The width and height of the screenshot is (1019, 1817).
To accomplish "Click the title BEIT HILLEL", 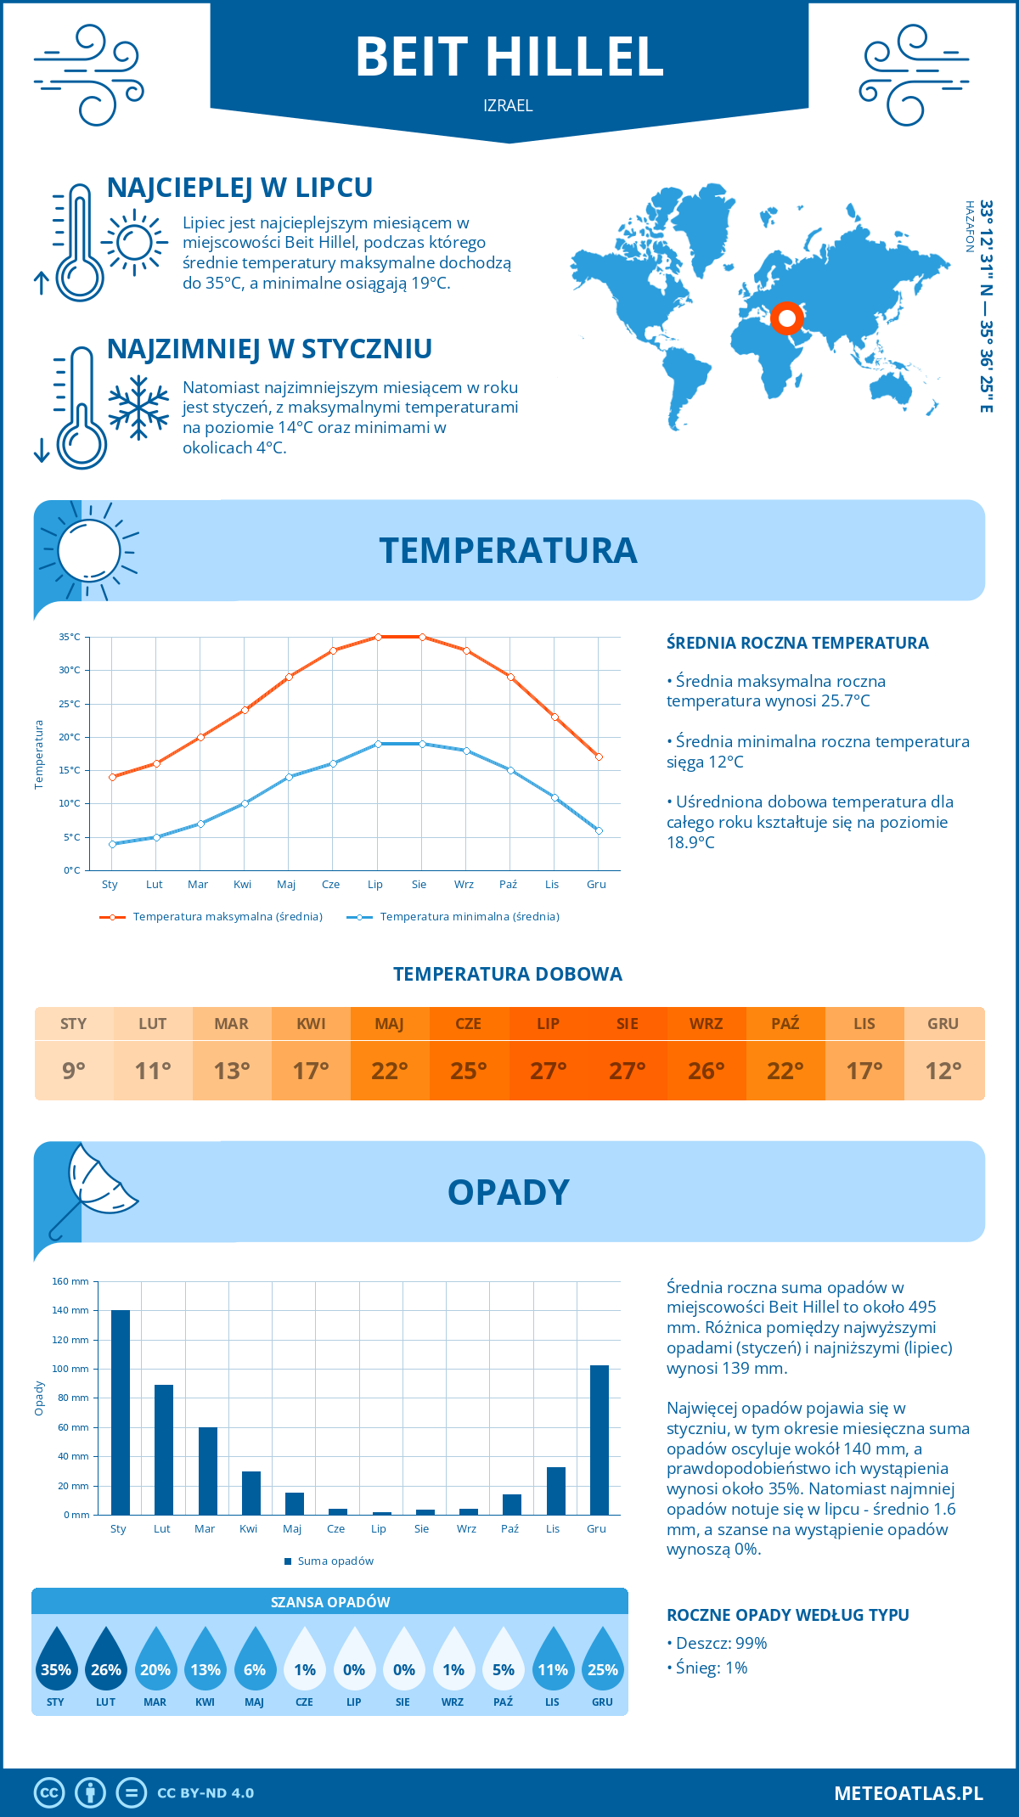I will pyautogui.click(x=509, y=58).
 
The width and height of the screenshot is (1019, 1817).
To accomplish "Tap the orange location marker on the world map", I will pyautogui.click(x=787, y=318).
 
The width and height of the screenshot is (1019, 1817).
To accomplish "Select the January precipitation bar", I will pyautogui.click(x=121, y=1412).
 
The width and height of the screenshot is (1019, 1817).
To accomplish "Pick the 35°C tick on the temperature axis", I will pyautogui.click(x=70, y=637).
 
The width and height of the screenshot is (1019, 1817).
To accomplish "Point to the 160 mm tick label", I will pyautogui.click(x=71, y=1281).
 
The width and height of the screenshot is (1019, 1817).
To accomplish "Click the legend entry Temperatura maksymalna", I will pyautogui.click(x=227, y=917).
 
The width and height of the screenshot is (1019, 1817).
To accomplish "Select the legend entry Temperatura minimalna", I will pyautogui.click(x=469, y=917).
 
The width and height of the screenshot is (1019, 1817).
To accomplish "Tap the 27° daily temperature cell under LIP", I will pyautogui.click(x=548, y=1071).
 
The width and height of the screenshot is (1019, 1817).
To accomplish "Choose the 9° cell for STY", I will pyautogui.click(x=74, y=1071).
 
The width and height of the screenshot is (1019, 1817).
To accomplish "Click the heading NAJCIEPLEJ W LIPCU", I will pyautogui.click(x=239, y=188).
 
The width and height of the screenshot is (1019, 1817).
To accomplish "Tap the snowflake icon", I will pyautogui.click(x=138, y=408).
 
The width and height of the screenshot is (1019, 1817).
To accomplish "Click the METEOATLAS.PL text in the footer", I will pyautogui.click(x=909, y=1793).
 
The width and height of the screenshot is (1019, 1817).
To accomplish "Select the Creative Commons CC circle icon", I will pyautogui.click(x=49, y=1793).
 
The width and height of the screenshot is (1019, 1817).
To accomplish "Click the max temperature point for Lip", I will pyautogui.click(x=378, y=637).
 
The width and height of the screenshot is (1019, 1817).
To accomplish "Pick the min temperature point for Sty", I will pyautogui.click(x=112, y=844).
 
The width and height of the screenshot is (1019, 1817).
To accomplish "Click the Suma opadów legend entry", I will pyautogui.click(x=335, y=1561).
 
